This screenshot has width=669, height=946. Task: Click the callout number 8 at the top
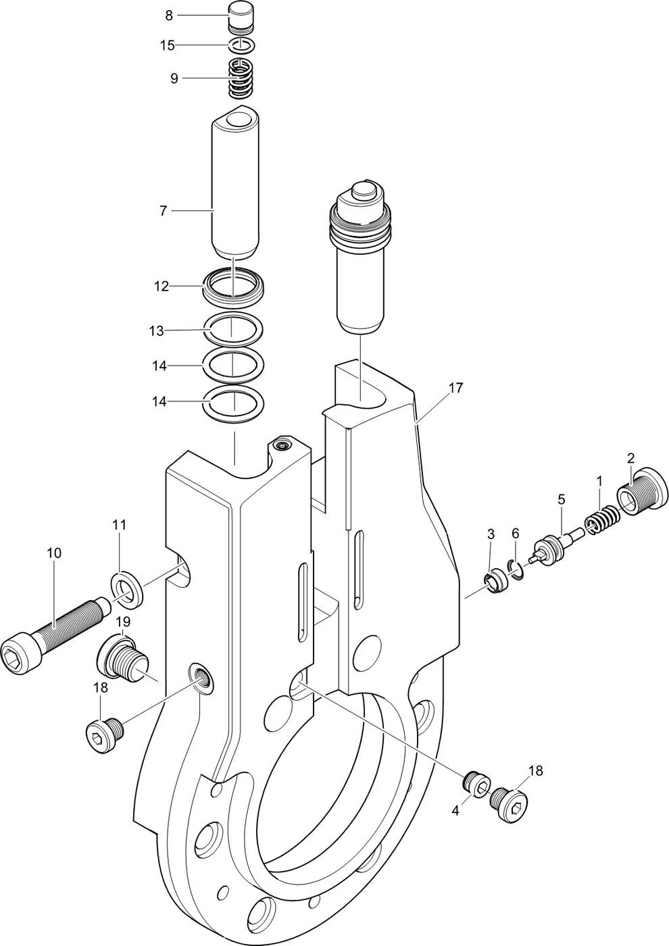[169, 15]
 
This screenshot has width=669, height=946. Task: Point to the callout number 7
[163, 211]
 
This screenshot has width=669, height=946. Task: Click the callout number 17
[456, 388]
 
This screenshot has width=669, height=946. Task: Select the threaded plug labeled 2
[642, 492]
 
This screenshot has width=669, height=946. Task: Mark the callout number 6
[515, 534]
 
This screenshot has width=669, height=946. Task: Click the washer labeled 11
[126, 589]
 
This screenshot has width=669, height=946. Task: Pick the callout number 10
[54, 553]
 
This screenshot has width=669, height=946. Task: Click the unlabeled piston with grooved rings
[361, 257]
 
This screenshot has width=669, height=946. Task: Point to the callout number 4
[455, 811]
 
